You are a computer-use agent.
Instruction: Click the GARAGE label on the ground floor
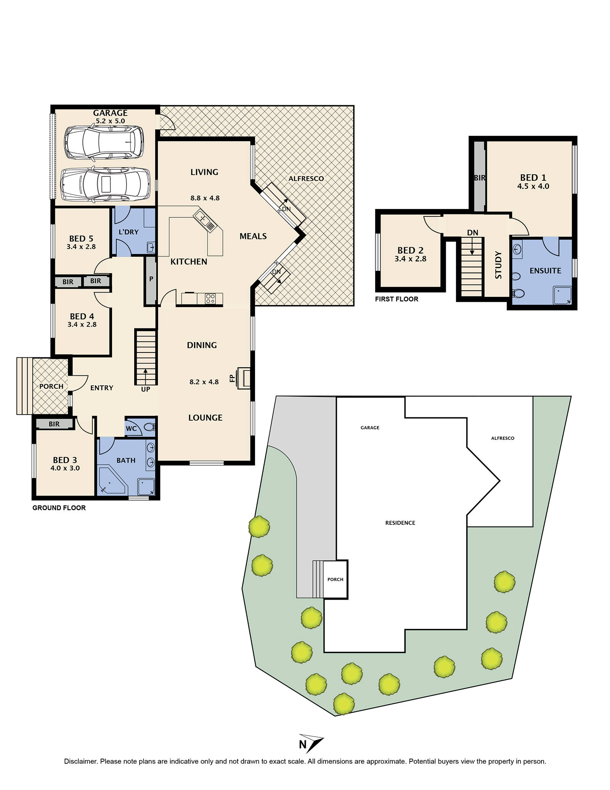(110, 113)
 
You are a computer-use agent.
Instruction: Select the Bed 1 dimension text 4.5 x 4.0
(533, 187)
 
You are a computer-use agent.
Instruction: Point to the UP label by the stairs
(146, 389)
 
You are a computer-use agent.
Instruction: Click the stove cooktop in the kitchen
(210, 298)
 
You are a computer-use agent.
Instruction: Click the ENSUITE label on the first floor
(545, 271)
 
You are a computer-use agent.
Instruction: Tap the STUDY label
(498, 265)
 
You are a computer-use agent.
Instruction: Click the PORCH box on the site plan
(335, 579)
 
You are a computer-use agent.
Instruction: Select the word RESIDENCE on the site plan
(400, 523)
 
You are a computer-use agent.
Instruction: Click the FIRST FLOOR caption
(396, 299)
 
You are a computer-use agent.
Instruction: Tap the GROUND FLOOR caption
(59, 508)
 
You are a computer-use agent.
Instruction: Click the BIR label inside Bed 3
(54, 424)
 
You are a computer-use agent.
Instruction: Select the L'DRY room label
(128, 232)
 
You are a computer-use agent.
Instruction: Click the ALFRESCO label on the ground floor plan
(306, 179)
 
